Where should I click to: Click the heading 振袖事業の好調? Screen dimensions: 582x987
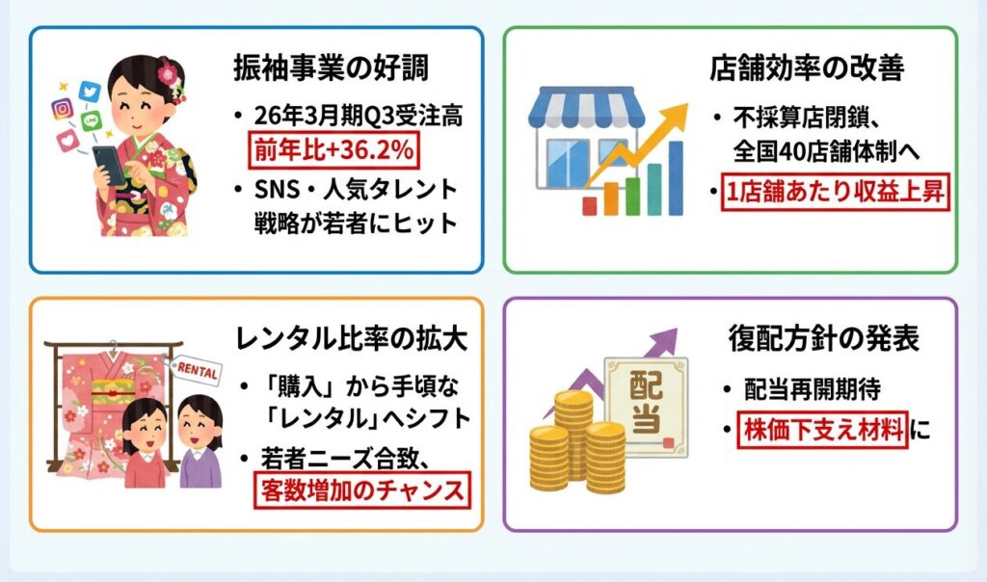coord(332,69)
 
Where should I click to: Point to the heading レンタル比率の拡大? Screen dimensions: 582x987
coord(352,339)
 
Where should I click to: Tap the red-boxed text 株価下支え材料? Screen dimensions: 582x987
coord(823,430)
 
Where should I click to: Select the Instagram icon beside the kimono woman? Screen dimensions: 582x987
coord(63,109)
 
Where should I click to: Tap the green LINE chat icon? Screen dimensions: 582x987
coord(92,119)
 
